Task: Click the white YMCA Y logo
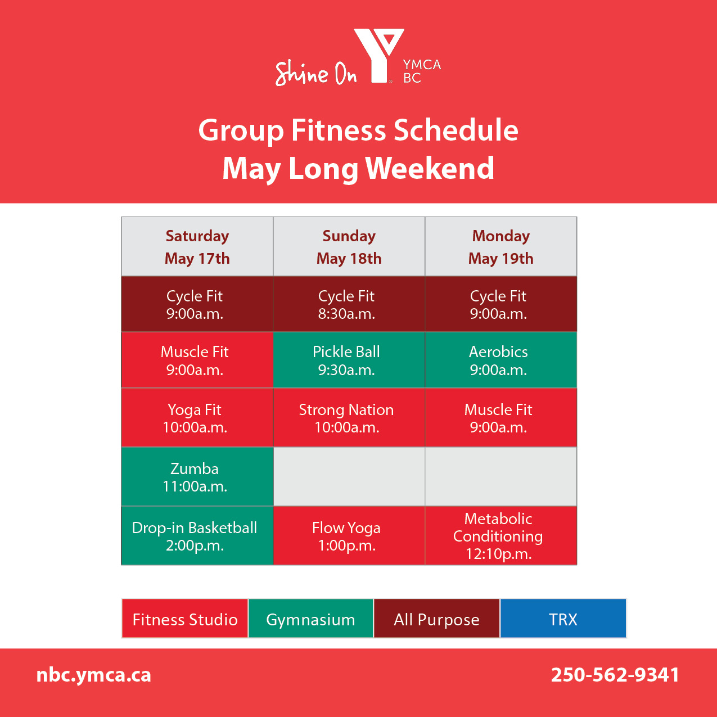[379, 56]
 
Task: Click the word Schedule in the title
[456, 130]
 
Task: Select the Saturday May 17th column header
[197, 247]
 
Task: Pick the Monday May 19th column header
[501, 247]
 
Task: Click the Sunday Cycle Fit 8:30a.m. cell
[349, 304]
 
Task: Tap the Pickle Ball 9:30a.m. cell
[349, 360]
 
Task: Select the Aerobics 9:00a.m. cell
[501, 360]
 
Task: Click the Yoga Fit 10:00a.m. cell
[197, 417]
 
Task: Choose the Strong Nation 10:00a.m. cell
[349, 417]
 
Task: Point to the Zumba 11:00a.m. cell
[197, 477]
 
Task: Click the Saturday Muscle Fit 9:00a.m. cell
[197, 360]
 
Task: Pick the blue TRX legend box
[563, 619]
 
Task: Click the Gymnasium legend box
[310, 619]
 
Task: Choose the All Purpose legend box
[436, 619]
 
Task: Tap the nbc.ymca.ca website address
[94, 675]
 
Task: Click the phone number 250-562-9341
[615, 675]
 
